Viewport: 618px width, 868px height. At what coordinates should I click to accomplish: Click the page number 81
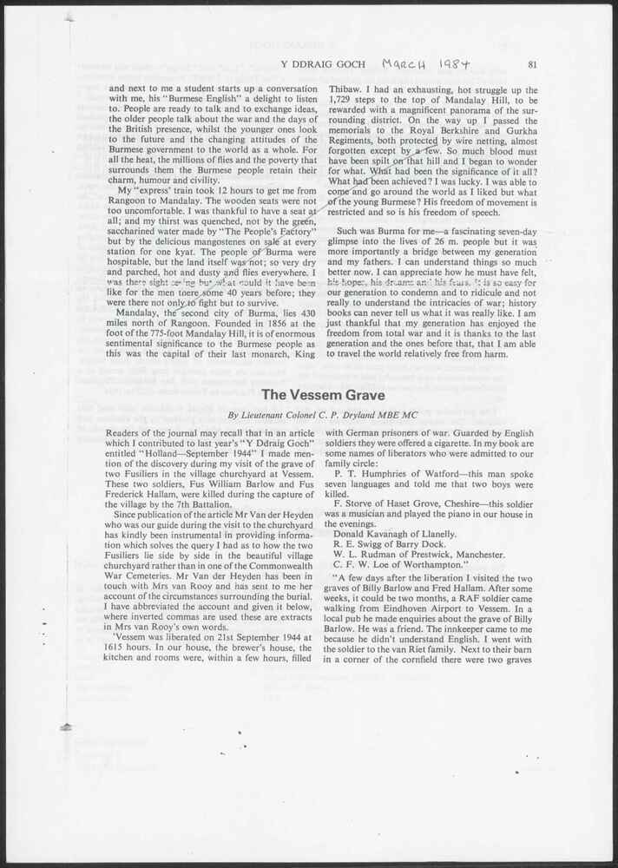click(532, 63)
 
